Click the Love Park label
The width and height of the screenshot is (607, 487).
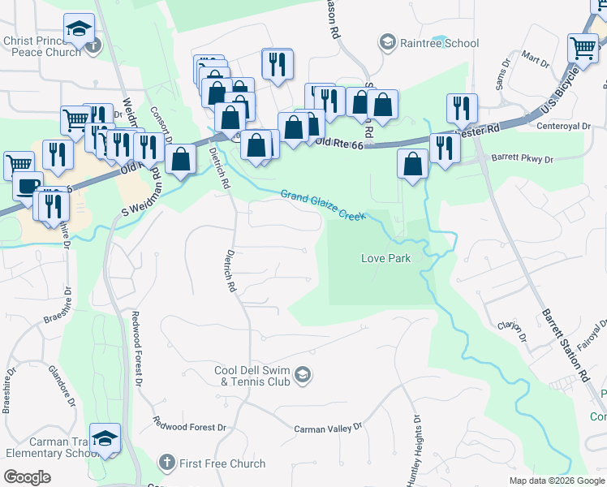pos(385,259)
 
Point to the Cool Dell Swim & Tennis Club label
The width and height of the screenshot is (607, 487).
pos(253,377)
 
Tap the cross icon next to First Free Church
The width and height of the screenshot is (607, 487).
pos(166,463)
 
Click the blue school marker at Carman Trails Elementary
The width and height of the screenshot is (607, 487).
pos(105,439)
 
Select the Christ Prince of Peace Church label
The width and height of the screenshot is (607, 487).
pos(42,45)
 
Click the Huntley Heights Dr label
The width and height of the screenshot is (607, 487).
pos(415,450)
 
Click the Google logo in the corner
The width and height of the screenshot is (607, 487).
pos(28,477)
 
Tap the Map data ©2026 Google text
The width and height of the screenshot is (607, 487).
pos(556,481)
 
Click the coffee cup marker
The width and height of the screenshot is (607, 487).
pos(27,186)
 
